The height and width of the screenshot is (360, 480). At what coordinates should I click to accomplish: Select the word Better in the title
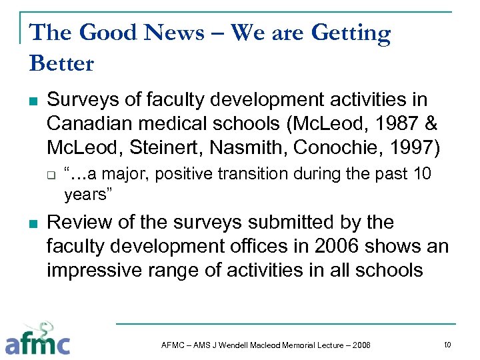61,63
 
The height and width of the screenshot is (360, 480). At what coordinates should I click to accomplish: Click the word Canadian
87,124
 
